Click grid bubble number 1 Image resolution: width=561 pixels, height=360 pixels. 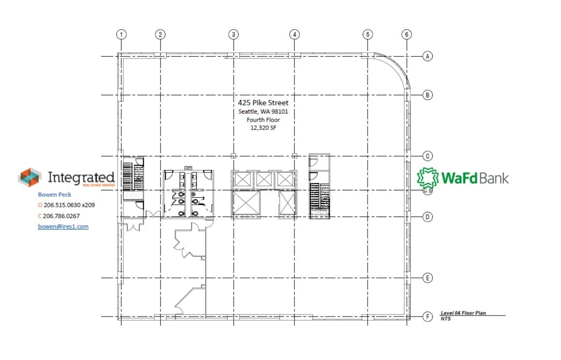click(121, 34)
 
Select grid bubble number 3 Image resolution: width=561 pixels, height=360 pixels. click(234, 34)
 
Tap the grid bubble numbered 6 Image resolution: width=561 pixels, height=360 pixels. click(407, 34)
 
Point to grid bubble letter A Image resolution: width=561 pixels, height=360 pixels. click(428, 57)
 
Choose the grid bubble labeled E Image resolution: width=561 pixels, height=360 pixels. click(428, 278)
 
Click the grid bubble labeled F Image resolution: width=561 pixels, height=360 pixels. click(428, 317)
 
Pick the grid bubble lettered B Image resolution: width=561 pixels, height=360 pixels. click(428, 95)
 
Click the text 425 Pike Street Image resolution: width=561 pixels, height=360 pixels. click(263, 103)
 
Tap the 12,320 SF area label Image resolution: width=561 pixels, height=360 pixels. click(263, 128)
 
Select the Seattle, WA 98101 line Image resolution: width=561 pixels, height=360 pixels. click(263, 112)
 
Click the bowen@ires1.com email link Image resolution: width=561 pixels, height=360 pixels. click(63, 226)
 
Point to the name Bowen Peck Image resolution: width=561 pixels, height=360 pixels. click(55, 195)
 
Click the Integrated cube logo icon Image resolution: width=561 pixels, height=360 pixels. click(30, 177)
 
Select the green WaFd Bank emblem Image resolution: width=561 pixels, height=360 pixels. click(428, 177)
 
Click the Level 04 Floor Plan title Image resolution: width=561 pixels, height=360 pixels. click(463, 313)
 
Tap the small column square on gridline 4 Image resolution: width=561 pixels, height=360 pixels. click(295, 156)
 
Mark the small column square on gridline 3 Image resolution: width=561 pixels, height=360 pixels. click(234, 156)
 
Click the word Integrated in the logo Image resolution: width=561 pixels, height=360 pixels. click(81, 177)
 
